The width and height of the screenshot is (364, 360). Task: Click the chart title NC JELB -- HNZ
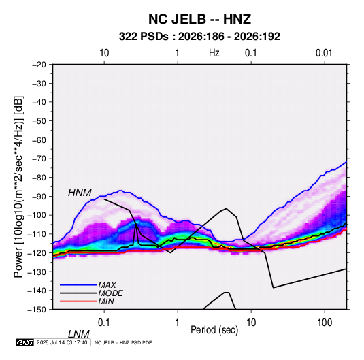click(199, 19)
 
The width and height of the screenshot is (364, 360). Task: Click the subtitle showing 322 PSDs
click(199, 37)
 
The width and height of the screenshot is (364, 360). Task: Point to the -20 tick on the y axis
click(39, 65)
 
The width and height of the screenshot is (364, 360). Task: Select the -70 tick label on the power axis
click(39, 159)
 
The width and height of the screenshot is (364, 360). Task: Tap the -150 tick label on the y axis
click(37, 310)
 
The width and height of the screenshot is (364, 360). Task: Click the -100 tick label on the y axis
click(37, 215)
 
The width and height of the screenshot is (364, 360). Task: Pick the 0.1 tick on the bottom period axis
click(103, 323)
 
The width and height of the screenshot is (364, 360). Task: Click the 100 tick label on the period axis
click(325, 323)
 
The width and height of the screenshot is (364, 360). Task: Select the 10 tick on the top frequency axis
click(104, 53)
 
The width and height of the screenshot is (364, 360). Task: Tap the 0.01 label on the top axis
click(324, 53)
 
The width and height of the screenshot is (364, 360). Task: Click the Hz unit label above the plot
click(214, 53)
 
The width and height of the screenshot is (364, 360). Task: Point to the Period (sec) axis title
click(214, 330)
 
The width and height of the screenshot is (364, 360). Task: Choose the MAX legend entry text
click(107, 284)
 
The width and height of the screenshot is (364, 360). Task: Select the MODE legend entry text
click(110, 293)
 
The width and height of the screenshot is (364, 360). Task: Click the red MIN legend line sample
click(78, 301)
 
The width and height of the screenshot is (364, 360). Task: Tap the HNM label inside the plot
click(80, 193)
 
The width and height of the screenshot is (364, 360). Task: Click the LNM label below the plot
click(79, 334)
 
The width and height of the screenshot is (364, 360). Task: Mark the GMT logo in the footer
click(24, 342)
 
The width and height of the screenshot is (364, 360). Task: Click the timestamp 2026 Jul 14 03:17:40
click(62, 342)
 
